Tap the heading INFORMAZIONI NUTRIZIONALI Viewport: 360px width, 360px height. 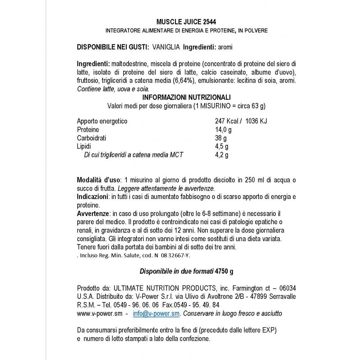click(186, 98)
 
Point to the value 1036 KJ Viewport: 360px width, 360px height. click(256, 121)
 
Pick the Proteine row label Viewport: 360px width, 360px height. click(88, 130)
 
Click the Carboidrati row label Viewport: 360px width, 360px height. click(92, 138)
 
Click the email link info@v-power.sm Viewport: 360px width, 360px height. click(156, 314)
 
